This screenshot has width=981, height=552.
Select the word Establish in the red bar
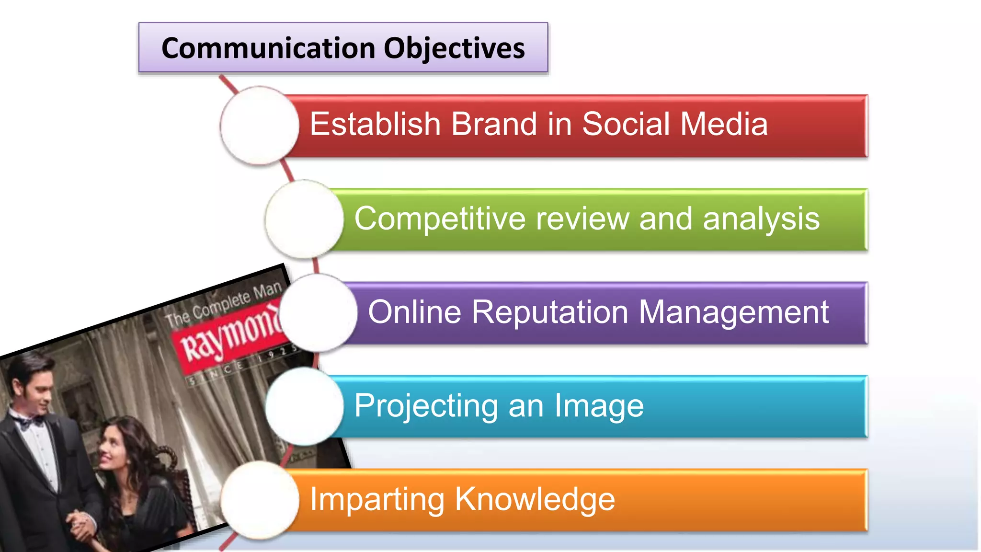point(375,124)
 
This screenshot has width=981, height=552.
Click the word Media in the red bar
point(724,124)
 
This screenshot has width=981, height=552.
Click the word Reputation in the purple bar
point(549,312)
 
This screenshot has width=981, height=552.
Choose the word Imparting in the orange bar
point(377,500)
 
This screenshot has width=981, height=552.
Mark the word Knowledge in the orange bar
point(535,499)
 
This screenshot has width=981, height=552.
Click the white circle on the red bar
point(260,126)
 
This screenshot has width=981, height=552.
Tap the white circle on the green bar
point(304,219)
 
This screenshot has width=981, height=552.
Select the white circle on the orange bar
point(260,500)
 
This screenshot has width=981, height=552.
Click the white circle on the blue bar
point(304,406)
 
